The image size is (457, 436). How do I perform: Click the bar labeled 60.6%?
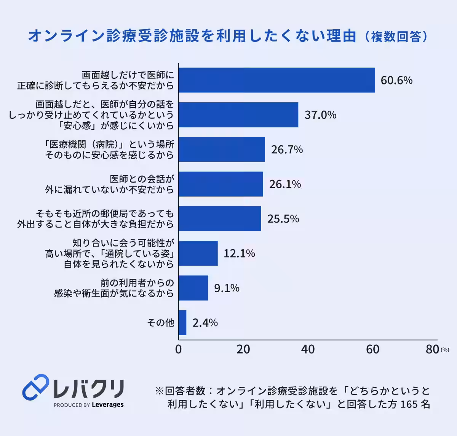276,80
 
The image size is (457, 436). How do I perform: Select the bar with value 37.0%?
238,115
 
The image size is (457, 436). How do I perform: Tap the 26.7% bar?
222,150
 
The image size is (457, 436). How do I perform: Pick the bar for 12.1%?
198,253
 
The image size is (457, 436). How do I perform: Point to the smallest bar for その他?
182,323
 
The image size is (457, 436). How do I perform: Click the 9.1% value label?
227,288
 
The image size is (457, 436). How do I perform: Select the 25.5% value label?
283,219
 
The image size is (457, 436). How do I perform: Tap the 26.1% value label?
285,184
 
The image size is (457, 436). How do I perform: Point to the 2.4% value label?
205,323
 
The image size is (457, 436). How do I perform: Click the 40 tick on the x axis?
308,349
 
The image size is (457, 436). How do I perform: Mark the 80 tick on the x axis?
433,349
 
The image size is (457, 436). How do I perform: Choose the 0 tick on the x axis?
179,349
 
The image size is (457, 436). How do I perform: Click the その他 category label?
161,323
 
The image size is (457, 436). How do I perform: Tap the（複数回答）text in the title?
396,37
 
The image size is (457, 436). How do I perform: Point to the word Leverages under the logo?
108,405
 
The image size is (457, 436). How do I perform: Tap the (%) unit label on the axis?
445,350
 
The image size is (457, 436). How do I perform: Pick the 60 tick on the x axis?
372,349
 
